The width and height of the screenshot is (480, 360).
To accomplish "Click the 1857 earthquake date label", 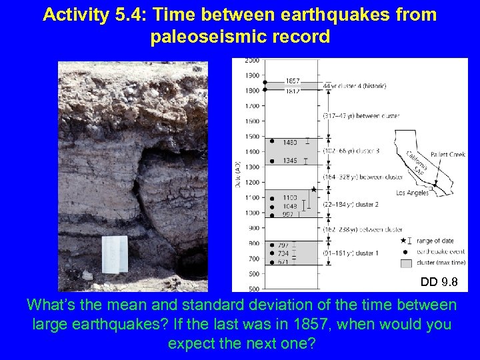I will point(292,81).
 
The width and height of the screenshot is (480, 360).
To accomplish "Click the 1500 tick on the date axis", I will point(252,137).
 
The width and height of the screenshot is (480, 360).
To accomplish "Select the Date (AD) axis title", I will point(238,175).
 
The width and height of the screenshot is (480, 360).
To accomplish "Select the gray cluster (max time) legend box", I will point(404,263).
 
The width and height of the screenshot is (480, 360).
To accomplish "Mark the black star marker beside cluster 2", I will point(313,190).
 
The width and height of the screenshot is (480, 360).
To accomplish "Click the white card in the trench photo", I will point(115,254).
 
